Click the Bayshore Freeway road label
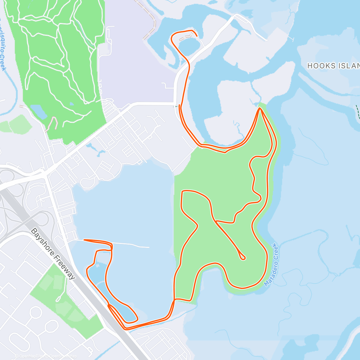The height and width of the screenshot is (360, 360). [x=53, y=254]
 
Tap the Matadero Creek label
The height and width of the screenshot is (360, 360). [x=271, y=264]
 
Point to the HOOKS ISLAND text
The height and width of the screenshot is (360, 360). [x=333, y=66]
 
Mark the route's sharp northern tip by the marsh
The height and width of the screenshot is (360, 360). [x=260, y=108]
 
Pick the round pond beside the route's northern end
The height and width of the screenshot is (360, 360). [x=188, y=47]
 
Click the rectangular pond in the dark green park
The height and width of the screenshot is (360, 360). [x=38, y=111]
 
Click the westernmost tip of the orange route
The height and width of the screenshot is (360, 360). [x=84, y=240]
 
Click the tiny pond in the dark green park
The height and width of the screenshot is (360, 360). [x=72, y=104]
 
